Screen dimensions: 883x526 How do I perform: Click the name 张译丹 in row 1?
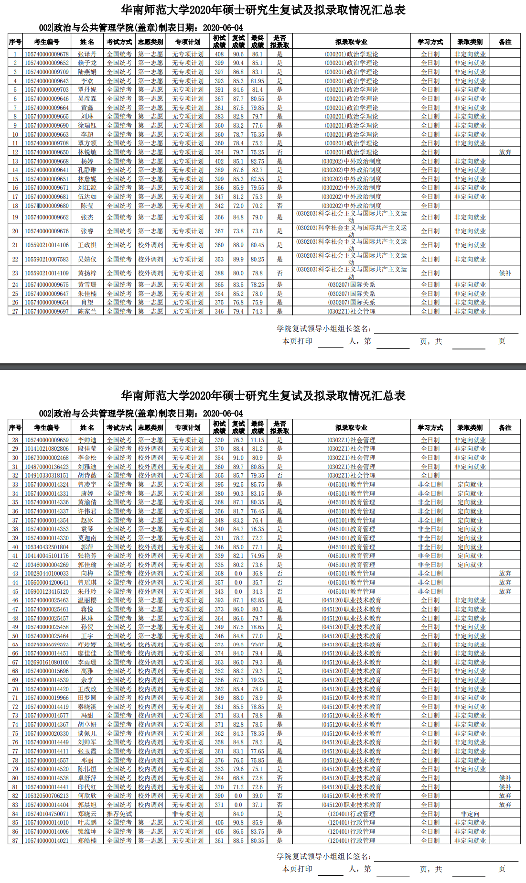click(x=87, y=54)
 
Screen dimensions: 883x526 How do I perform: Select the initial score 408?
click(x=219, y=54)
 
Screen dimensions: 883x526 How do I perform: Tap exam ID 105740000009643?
click(x=47, y=81)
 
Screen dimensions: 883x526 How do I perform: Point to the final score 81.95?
click(x=258, y=81)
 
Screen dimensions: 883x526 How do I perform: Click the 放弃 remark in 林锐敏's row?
click(x=505, y=152)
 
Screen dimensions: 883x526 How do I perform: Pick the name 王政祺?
click(x=87, y=245)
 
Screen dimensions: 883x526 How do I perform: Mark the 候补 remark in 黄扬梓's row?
click(x=505, y=273)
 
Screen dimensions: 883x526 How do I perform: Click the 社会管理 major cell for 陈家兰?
click(x=351, y=311)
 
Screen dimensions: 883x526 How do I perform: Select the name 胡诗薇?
click(x=87, y=475)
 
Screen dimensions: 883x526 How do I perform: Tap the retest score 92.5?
click(x=238, y=484)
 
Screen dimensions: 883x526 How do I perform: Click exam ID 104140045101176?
click(x=47, y=556)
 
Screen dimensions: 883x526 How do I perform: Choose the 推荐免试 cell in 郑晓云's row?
click(x=119, y=814)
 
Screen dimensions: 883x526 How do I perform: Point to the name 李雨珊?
click(x=87, y=662)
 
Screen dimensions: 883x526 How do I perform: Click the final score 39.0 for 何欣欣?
click(x=258, y=796)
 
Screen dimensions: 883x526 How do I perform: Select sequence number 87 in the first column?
click(x=15, y=840)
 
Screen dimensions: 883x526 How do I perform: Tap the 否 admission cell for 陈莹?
click(x=279, y=206)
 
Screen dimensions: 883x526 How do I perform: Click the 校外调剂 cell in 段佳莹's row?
click(x=150, y=448)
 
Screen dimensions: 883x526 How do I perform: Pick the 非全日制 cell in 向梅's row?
click(x=430, y=573)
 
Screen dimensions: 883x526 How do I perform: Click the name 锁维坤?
click(x=87, y=831)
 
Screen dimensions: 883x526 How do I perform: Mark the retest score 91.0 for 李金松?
click(x=238, y=458)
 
